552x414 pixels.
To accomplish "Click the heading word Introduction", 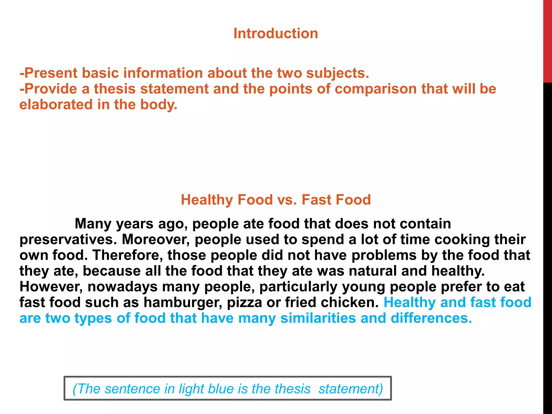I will pyautogui.click(x=275, y=33).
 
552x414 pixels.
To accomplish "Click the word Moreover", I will pyautogui.click(x=156, y=239).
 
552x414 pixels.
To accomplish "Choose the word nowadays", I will pyautogui.click(x=122, y=287).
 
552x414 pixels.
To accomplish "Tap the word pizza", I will pyautogui.click(x=244, y=302).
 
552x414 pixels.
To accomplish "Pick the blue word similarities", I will pyautogui.click(x=318, y=318).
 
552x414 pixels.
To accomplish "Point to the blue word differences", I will pyautogui.click(x=431, y=318).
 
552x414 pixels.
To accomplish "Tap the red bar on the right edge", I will pyautogui.click(x=547, y=40).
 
